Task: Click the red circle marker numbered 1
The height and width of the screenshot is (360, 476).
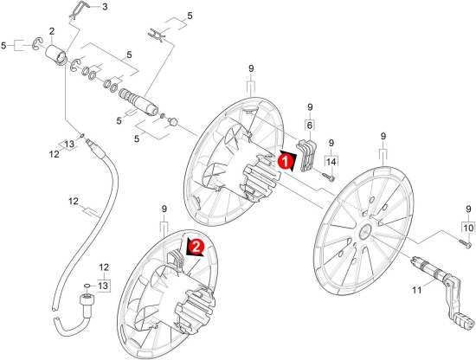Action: coord(286,161)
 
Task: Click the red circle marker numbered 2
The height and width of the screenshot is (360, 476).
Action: coord(196,247)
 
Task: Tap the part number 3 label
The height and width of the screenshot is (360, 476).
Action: coord(105,7)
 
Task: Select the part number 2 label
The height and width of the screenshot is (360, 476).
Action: coord(52,31)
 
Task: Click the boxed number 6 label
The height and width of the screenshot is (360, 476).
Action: coord(310,125)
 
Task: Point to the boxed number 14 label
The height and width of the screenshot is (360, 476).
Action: coord(331,161)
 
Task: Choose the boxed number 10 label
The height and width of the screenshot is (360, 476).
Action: coord(469,228)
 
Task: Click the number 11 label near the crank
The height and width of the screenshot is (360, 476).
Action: coord(417,290)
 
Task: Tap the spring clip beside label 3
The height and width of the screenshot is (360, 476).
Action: coord(80,10)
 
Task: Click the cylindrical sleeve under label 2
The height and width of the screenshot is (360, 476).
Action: coord(56,55)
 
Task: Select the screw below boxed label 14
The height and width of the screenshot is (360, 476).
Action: coord(328,177)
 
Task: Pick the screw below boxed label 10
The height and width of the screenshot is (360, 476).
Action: coord(465,243)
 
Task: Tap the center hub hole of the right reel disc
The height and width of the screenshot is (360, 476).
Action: coord(363,233)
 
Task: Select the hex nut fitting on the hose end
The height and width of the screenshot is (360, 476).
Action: coord(87,302)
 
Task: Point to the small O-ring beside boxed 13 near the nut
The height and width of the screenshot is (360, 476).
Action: coord(87,286)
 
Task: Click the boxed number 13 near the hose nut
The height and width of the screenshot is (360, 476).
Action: coord(103,286)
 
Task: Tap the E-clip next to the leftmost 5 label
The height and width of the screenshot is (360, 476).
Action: coord(37,44)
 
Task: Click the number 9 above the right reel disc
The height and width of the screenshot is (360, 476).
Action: coord(383,136)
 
